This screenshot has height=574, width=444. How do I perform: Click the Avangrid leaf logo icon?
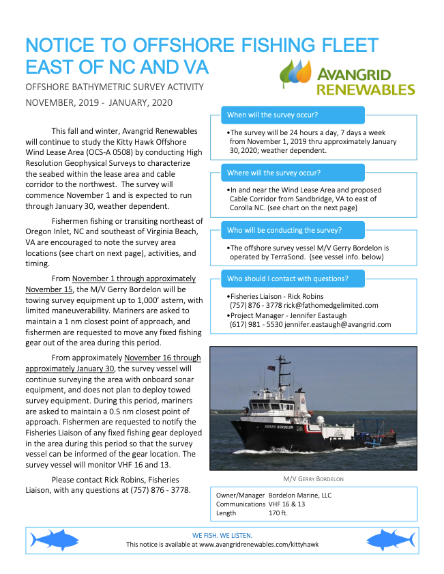(x=296, y=74)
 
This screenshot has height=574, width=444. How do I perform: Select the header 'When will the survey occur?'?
(x=272, y=115)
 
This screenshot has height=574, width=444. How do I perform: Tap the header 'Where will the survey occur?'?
(x=273, y=173)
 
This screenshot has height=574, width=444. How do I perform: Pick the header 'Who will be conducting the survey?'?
(x=284, y=230)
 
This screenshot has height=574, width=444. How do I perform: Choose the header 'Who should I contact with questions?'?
(x=287, y=278)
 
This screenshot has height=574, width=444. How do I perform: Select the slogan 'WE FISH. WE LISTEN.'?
(x=222, y=535)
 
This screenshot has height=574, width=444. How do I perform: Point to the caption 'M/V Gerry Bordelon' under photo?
(x=313, y=478)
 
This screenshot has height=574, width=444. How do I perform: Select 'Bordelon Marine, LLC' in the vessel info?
(x=299, y=494)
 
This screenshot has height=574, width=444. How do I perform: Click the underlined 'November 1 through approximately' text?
(x=134, y=278)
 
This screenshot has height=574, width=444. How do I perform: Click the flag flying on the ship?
(x=271, y=369)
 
